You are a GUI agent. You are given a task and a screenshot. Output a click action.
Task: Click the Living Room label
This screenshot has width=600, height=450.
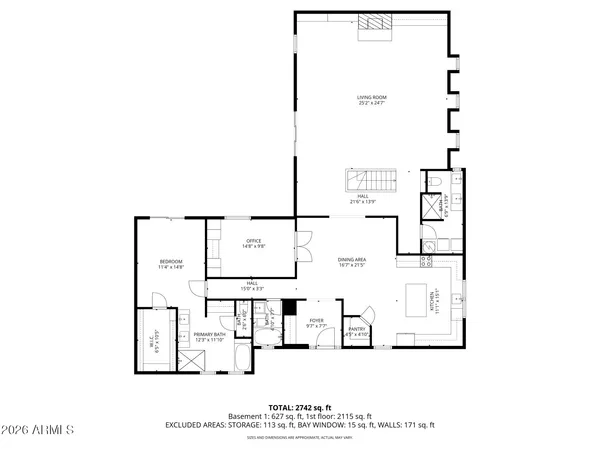[x=372, y=100]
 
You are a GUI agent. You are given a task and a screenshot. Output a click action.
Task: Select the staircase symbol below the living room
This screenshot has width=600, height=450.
[x=360, y=181]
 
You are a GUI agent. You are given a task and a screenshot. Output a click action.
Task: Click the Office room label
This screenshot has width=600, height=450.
[x=253, y=244]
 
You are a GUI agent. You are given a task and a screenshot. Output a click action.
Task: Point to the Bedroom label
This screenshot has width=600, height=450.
[x=171, y=264]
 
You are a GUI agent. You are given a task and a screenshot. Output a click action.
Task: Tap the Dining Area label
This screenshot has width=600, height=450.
[x=352, y=262]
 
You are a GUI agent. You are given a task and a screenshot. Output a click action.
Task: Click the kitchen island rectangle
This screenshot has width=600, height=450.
[x=419, y=297]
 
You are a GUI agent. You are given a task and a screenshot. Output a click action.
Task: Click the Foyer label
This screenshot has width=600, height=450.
[x=316, y=324]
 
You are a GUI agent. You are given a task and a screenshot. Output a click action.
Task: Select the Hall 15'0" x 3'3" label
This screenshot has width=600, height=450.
[x=252, y=286]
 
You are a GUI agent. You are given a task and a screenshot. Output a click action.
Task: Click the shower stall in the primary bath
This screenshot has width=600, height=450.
[x=189, y=359]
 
